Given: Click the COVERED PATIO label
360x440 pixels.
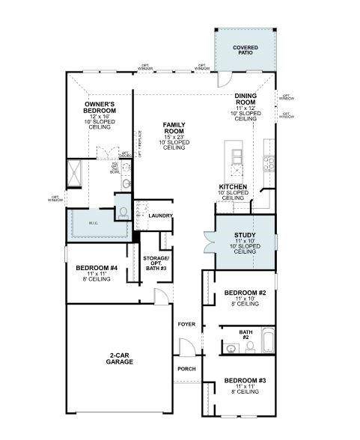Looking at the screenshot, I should [244, 50].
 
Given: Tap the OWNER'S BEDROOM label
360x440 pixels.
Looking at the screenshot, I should [100, 107].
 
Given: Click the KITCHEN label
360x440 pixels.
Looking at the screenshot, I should [233, 187].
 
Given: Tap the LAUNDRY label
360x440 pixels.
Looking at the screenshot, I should [160, 216].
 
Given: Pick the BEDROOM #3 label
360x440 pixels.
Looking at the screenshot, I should [245, 379].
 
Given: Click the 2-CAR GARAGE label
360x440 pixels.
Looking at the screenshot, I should [119, 357].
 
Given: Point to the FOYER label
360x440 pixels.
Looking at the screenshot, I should [186, 324].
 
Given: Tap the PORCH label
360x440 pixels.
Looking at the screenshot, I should [186, 369].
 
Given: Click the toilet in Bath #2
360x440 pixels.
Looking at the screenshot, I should [248, 346].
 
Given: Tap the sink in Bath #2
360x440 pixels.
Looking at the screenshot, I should [229, 346].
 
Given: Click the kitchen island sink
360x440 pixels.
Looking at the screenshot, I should [237, 156].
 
